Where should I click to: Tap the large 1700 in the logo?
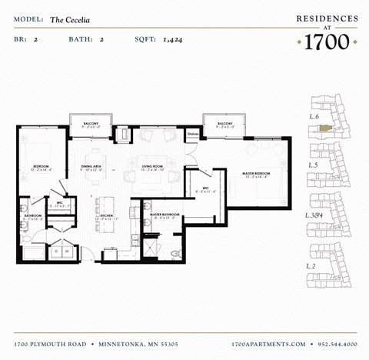tap(327, 42)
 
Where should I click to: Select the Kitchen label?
tap(106, 216)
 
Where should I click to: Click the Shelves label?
tap(193, 132)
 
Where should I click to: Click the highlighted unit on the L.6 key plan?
tap(326, 128)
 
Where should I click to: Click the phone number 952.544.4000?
tap(334, 343)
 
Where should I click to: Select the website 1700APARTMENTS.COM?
tap(268, 343)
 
